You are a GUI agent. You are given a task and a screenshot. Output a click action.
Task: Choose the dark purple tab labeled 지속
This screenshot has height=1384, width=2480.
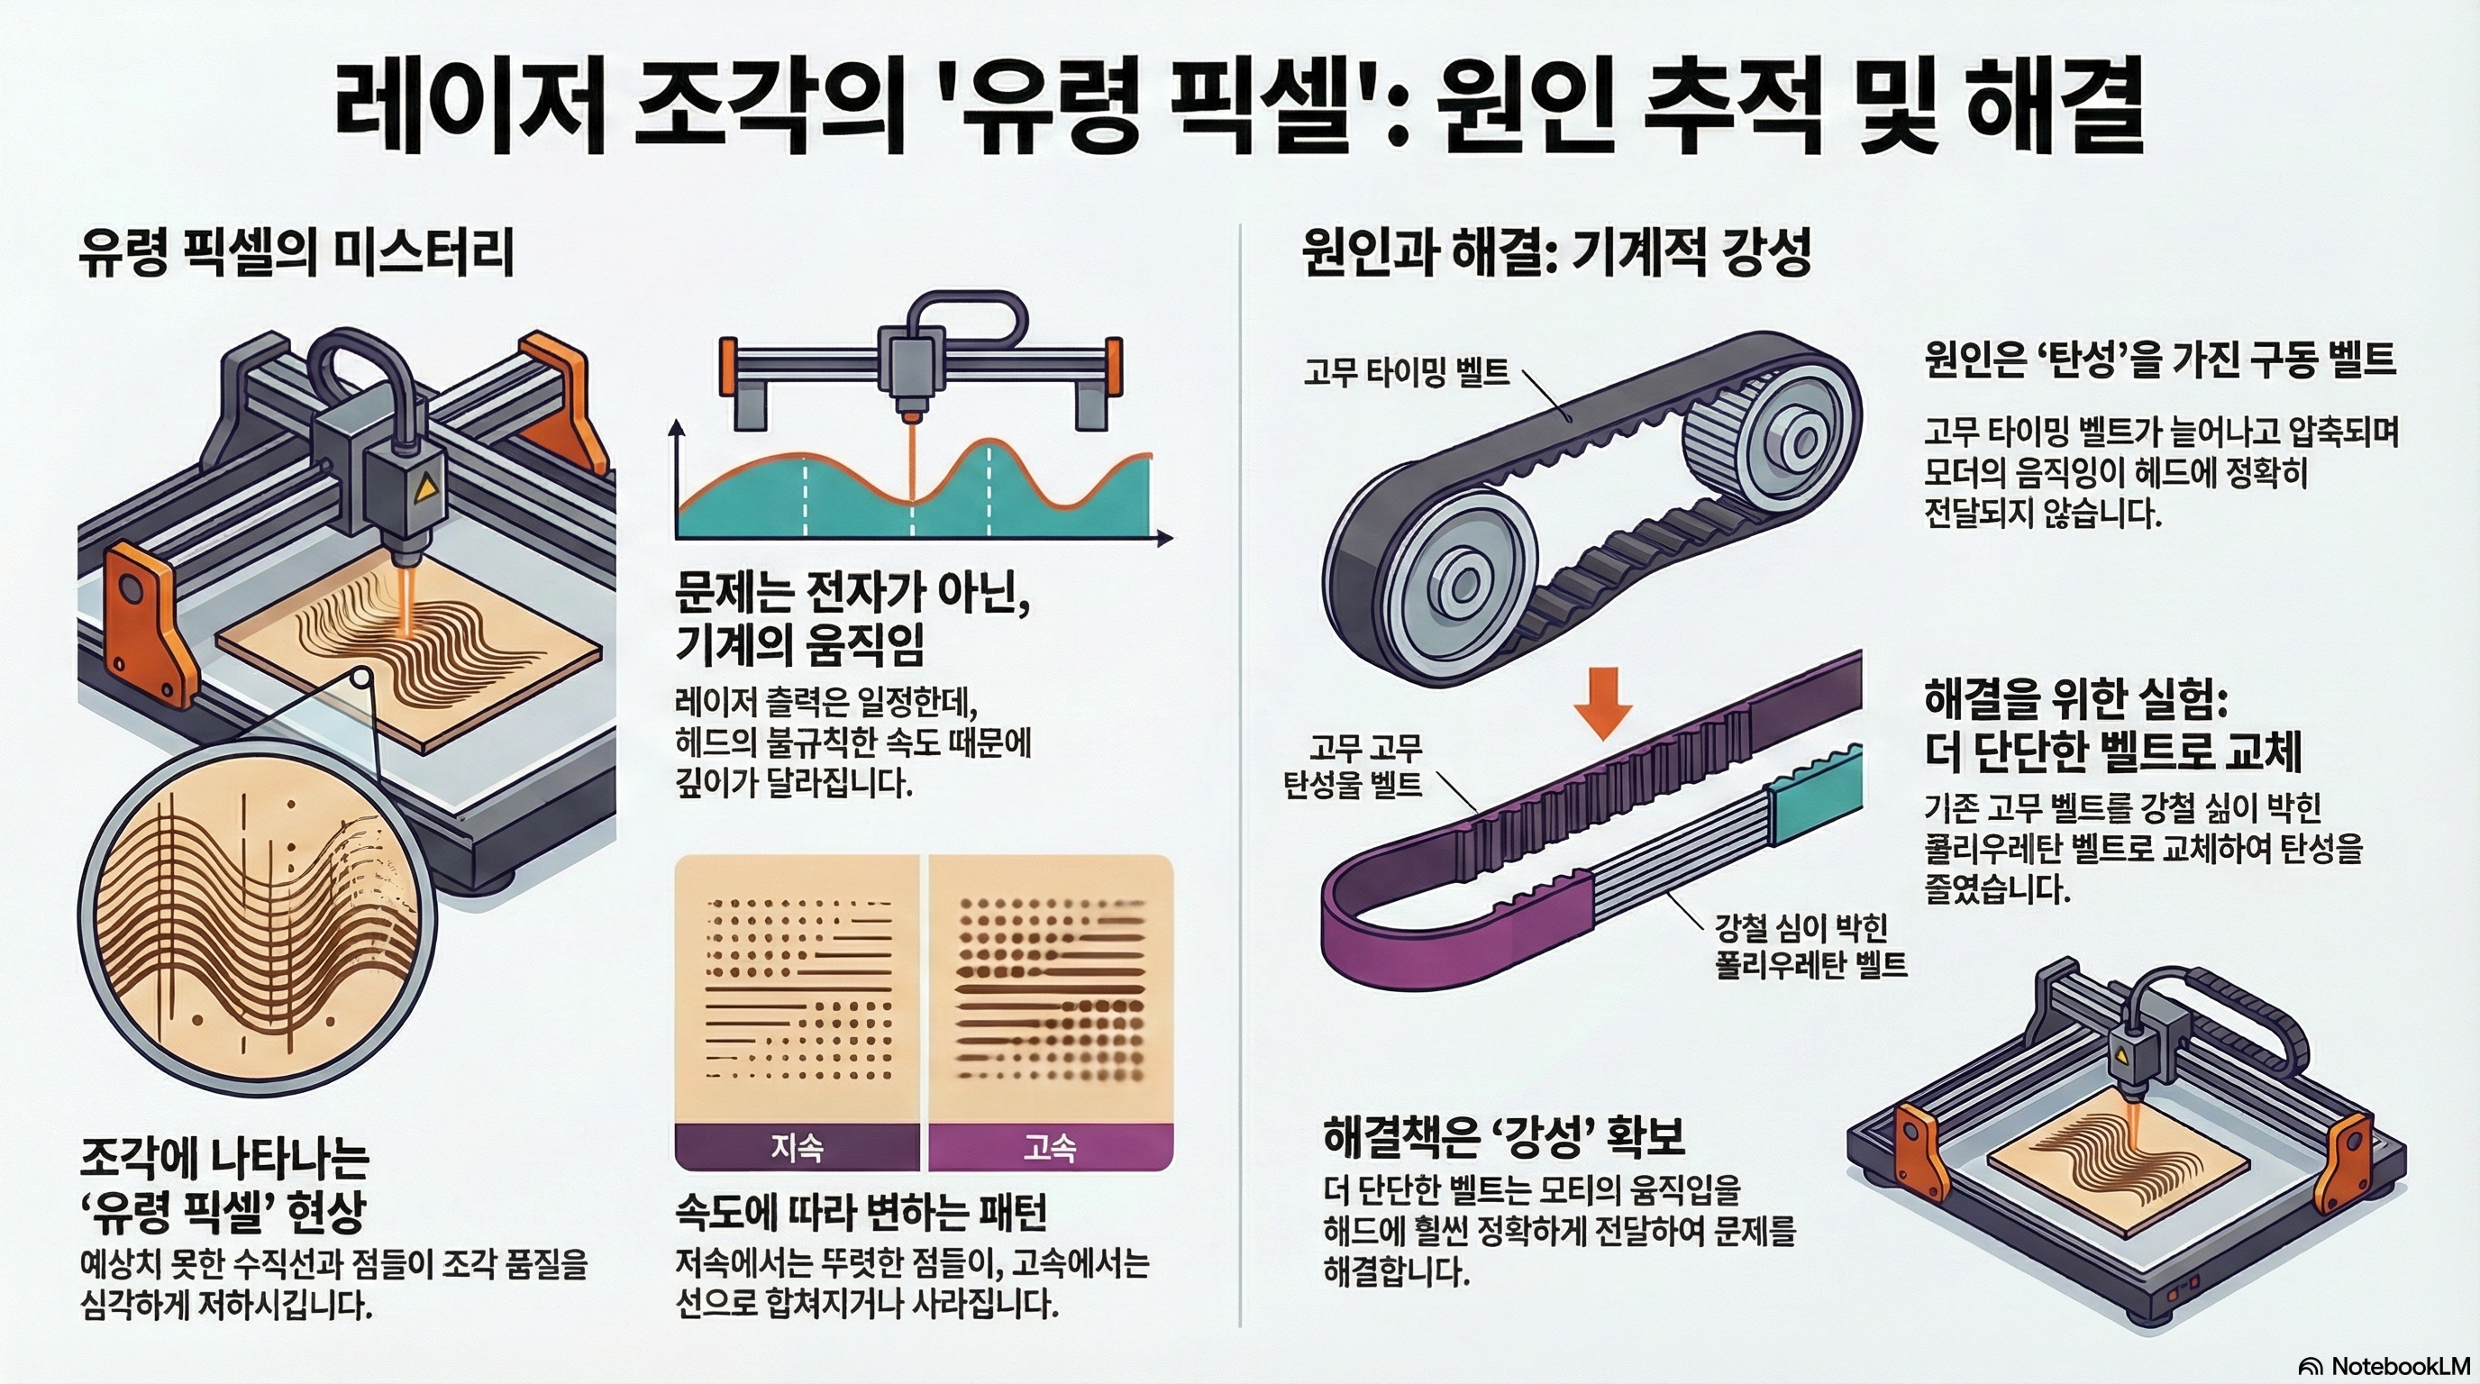point(798,1146)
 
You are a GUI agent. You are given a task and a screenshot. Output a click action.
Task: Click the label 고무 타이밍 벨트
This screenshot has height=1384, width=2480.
point(1407,371)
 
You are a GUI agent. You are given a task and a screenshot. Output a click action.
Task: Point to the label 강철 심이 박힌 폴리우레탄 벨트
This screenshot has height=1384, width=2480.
point(1810,945)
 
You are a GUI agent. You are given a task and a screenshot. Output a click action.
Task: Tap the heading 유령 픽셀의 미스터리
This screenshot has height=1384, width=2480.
point(296,254)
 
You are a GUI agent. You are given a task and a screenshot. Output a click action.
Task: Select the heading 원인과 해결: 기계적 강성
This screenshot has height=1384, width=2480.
point(1555,254)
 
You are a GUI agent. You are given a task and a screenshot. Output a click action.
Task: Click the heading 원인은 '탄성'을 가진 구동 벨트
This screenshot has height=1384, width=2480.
point(2160,361)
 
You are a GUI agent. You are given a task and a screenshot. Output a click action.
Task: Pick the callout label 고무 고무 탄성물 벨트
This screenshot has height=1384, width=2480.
point(1353,766)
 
